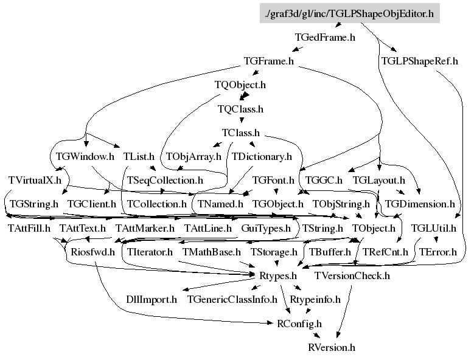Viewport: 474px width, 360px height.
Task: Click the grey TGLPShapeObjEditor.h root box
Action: (x=350, y=13)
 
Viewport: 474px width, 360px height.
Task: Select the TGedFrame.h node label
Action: (x=325, y=38)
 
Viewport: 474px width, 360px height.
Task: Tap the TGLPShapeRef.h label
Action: (x=420, y=61)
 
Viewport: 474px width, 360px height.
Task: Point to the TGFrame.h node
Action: (x=269, y=61)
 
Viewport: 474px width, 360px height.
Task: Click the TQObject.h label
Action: (x=240, y=85)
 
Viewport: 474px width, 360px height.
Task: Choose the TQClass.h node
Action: (x=240, y=109)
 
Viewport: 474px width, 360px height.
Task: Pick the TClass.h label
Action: (x=240, y=133)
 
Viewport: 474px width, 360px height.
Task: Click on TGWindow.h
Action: (x=85, y=156)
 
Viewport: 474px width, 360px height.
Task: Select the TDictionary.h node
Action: (x=262, y=157)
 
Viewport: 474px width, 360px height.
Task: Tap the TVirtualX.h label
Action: (x=35, y=180)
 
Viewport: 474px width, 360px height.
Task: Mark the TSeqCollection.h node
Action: (x=165, y=180)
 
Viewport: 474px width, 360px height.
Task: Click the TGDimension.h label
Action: (x=420, y=204)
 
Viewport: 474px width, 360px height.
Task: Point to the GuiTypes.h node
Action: (x=266, y=228)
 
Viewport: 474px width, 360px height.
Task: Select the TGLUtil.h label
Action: (x=433, y=228)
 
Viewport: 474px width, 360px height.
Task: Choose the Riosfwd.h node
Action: (x=93, y=252)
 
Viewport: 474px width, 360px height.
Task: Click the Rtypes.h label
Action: (x=278, y=276)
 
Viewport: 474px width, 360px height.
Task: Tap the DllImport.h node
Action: (x=152, y=300)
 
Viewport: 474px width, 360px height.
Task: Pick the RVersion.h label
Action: (x=332, y=347)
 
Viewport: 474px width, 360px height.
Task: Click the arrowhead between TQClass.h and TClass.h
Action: (x=242, y=120)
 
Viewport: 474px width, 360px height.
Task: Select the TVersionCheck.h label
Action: (x=352, y=275)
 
